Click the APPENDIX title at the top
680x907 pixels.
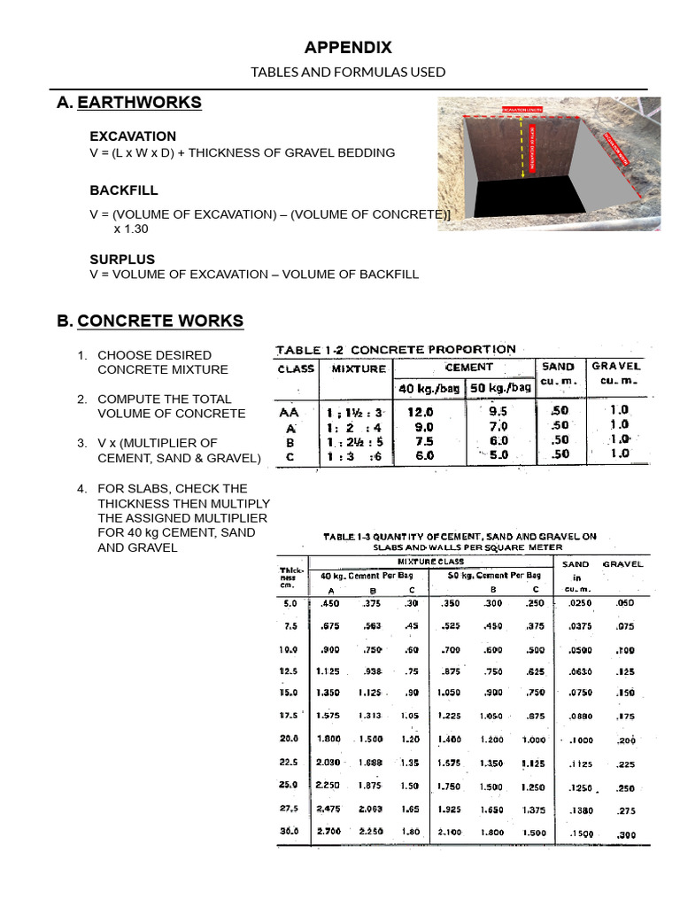348,48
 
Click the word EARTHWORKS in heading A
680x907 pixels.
139,103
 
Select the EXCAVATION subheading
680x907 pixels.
133,136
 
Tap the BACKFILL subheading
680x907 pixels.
124,190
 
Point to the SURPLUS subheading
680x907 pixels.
122,260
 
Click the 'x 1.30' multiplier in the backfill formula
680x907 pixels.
131,229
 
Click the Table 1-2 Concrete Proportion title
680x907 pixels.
395,349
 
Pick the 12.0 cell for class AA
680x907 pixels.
421,412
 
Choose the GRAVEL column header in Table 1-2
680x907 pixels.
616,366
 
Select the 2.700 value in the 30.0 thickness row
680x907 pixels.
328,832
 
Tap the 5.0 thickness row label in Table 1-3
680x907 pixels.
290,602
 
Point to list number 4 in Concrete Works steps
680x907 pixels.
81,488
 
